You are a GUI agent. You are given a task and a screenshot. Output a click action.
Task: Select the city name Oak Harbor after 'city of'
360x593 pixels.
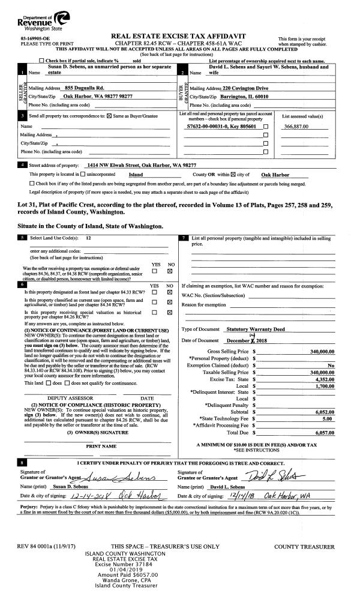click(276, 175)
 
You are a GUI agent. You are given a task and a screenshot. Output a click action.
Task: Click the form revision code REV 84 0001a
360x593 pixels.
click(43, 547)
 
